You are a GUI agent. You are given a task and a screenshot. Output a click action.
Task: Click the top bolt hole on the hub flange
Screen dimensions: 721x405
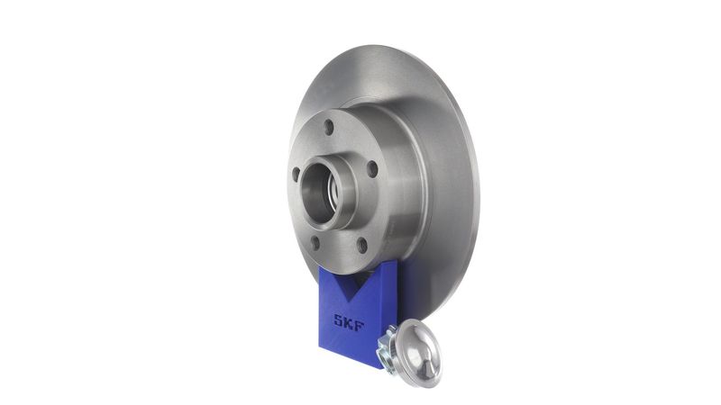(328, 127)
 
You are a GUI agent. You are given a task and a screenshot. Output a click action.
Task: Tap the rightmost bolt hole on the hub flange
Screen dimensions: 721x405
(372, 169)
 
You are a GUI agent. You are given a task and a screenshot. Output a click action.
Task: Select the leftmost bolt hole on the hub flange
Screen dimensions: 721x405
(296, 174)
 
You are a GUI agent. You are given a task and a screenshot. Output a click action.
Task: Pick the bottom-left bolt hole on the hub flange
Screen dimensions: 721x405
(315, 242)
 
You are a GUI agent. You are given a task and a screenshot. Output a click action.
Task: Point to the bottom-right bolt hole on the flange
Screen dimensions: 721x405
(362, 245)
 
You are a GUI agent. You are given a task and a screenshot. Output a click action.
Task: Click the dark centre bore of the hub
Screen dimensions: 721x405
(317, 193)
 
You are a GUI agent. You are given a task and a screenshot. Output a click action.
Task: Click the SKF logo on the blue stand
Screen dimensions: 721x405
(349, 322)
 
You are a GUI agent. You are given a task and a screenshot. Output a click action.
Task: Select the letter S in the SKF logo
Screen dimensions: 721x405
(339, 319)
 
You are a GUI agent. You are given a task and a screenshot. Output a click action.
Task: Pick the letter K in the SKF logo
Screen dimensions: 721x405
(349, 322)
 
